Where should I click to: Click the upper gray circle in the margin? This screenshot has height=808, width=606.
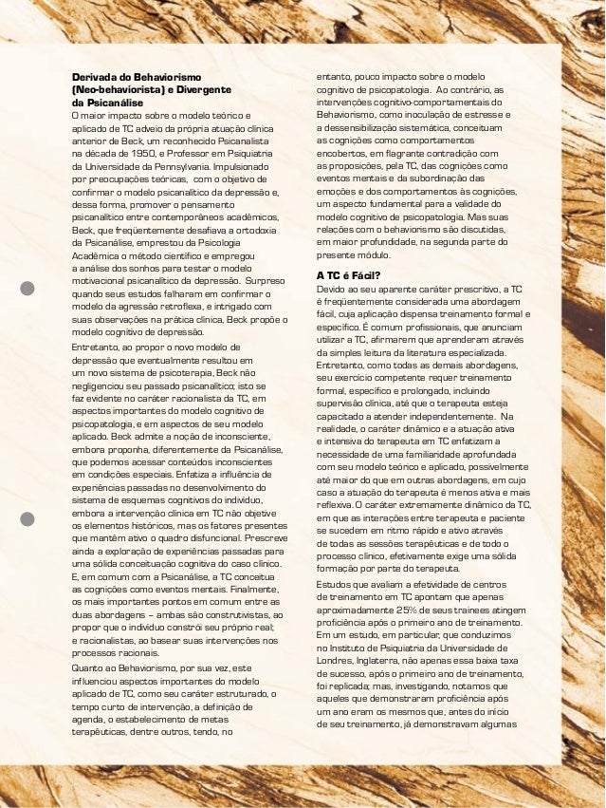tap(28, 289)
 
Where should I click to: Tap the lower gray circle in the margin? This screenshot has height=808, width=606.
tap(28, 518)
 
